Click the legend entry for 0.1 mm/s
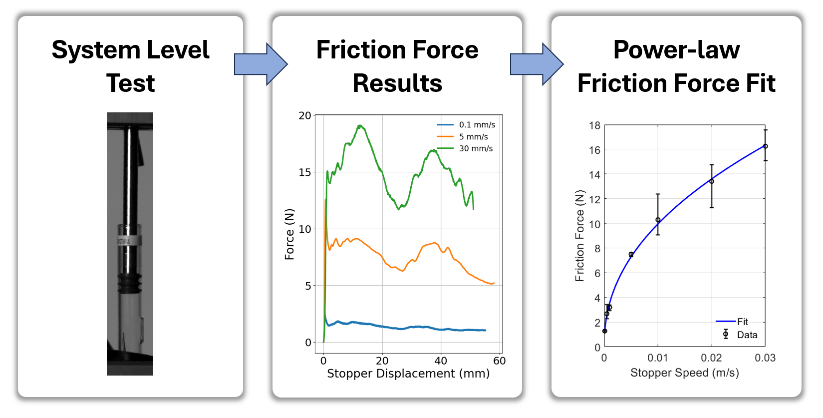click(477, 125)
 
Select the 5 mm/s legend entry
click(473, 137)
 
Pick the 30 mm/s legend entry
click(476, 149)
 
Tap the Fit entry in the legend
click(742, 322)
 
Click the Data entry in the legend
click(747, 335)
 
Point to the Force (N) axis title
click(289, 234)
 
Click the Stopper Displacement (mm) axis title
click(408, 374)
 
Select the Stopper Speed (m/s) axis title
click(684, 373)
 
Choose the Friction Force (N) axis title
click(579, 236)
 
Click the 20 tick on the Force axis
click(304, 116)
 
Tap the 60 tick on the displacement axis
click(499, 361)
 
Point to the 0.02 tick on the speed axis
click(711, 358)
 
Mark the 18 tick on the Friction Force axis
click(594, 125)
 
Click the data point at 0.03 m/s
click(765, 146)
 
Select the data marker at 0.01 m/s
click(658, 220)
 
